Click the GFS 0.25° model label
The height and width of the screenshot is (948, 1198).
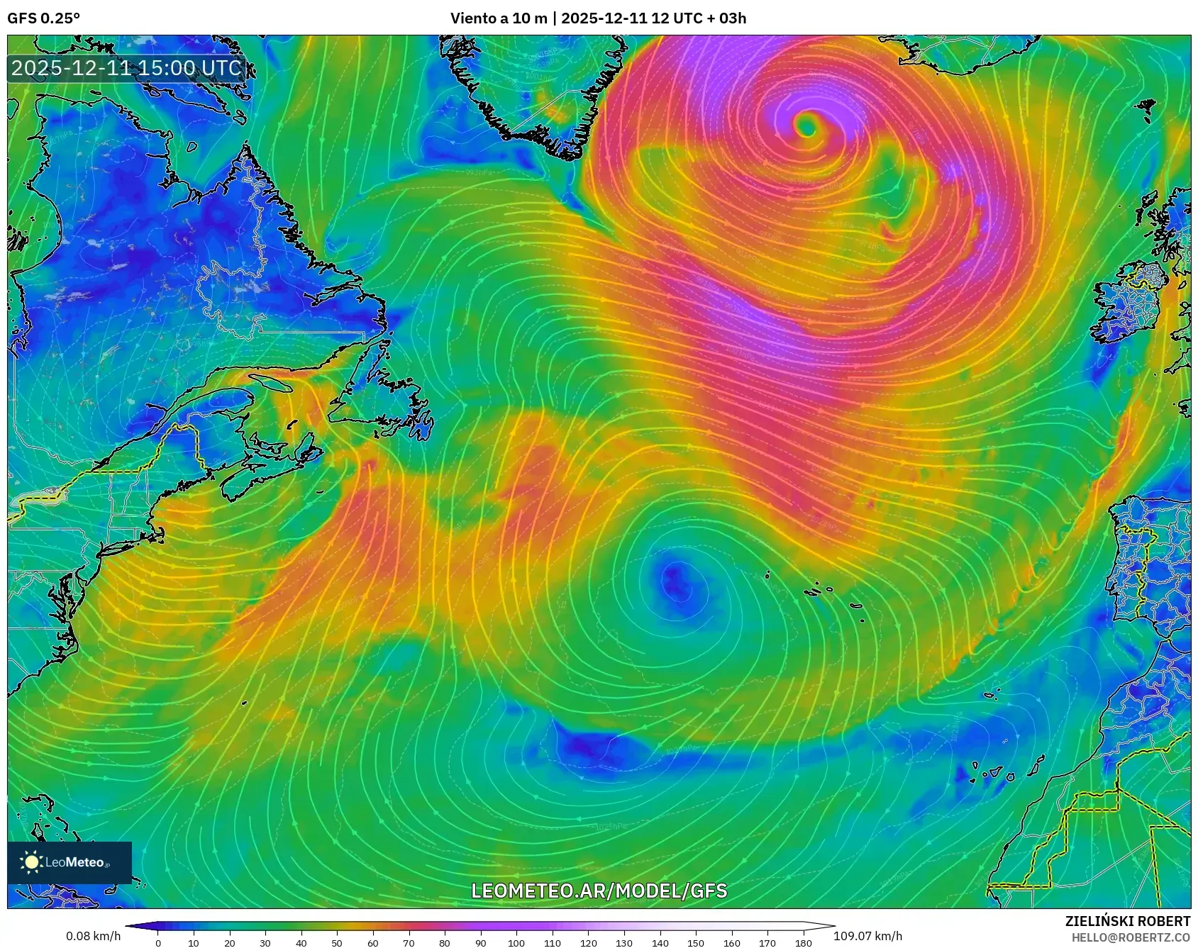click(43, 18)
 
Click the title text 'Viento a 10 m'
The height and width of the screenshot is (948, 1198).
click(499, 18)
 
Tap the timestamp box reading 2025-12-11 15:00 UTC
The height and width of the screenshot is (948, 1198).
click(127, 68)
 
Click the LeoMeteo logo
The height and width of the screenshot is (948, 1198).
click(70, 862)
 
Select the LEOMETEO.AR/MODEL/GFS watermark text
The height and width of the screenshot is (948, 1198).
click(599, 891)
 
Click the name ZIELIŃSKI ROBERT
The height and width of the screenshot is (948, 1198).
click(1127, 921)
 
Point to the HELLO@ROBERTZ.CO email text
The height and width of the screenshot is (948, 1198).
click(1131, 937)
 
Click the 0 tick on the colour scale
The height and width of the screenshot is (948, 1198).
click(158, 942)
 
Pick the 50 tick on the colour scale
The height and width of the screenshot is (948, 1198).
click(337, 942)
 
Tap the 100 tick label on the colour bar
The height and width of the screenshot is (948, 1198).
click(516, 942)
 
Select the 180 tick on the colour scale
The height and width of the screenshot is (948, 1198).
click(803, 942)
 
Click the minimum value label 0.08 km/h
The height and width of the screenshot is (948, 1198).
click(94, 936)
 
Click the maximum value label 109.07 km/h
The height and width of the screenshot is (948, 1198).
click(867, 936)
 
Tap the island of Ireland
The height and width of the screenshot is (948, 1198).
click(1128, 305)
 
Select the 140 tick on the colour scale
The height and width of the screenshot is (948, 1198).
click(660, 942)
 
